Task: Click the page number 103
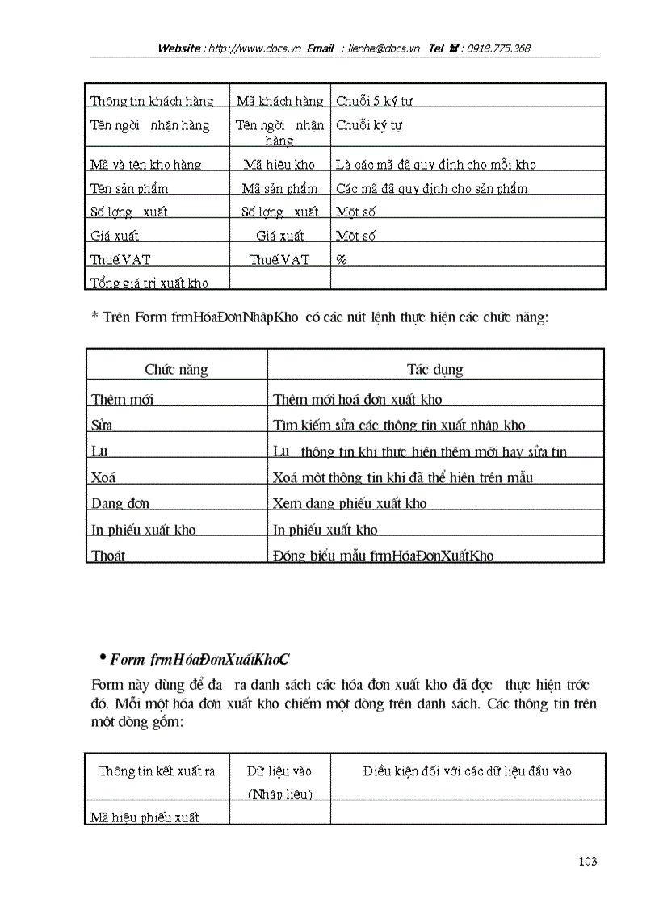click(x=588, y=862)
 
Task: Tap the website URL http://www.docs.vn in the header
click(x=254, y=48)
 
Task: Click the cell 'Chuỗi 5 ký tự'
click(x=375, y=101)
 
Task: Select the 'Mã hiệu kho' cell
click(x=279, y=165)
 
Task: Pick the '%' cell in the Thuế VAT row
click(x=342, y=259)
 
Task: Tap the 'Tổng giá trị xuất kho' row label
click(x=149, y=283)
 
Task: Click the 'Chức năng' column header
click(x=176, y=370)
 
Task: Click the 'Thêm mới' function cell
click(x=123, y=400)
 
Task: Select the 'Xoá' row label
click(x=103, y=477)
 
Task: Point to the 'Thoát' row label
click(x=109, y=556)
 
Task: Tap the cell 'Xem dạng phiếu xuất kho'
click(x=350, y=503)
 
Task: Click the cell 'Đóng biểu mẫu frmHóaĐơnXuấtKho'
click(x=383, y=556)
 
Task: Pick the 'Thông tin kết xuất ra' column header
click(x=157, y=771)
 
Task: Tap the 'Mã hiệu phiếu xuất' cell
click(x=145, y=817)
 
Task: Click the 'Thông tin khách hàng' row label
click(x=152, y=101)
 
